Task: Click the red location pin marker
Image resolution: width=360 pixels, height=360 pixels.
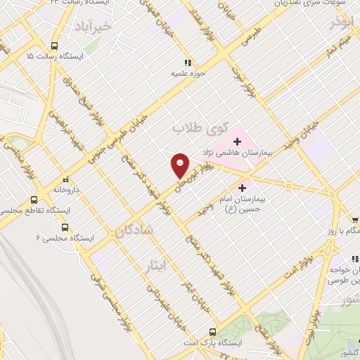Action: coord(180,165)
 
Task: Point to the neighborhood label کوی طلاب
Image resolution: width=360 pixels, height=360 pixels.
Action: coord(201,128)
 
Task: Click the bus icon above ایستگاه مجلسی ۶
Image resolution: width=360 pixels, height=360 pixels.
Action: coord(65,227)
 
